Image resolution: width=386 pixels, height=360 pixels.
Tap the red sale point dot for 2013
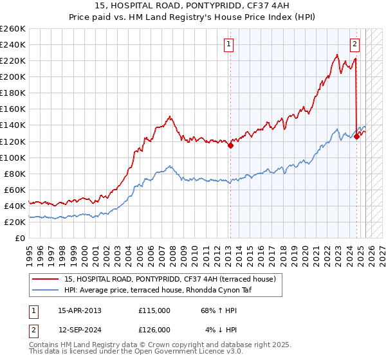point(230,145)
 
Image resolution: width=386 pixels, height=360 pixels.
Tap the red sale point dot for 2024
point(356,136)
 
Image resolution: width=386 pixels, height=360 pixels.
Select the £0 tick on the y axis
point(20,238)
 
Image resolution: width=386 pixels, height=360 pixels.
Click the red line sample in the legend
point(46,279)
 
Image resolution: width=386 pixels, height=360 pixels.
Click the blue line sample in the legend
point(46,290)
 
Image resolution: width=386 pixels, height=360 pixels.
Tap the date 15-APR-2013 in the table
point(80,310)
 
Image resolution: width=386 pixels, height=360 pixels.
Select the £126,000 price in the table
point(154,330)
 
